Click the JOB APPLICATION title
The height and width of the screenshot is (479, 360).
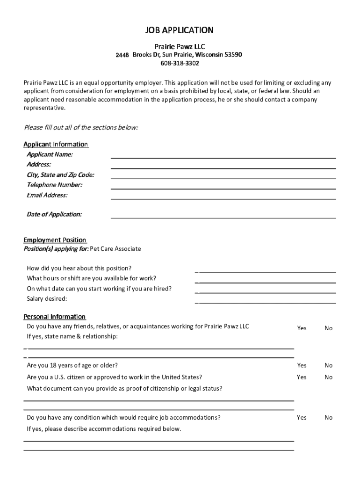[180, 30]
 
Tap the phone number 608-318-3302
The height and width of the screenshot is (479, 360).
[180, 63]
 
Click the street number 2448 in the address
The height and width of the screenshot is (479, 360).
[122, 55]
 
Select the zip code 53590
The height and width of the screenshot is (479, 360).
[233, 55]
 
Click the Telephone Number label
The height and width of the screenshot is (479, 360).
[55, 185]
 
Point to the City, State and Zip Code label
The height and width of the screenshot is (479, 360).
[60, 175]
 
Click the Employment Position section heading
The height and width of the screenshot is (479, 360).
[55, 240]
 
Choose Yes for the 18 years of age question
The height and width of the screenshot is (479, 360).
[302, 365]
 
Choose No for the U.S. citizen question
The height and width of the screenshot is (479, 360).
[329, 377]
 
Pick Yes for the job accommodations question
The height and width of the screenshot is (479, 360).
[302, 418]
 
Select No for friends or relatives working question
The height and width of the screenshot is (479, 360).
[329, 328]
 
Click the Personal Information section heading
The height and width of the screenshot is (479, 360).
[55, 317]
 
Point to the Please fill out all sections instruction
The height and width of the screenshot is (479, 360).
[81, 128]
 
